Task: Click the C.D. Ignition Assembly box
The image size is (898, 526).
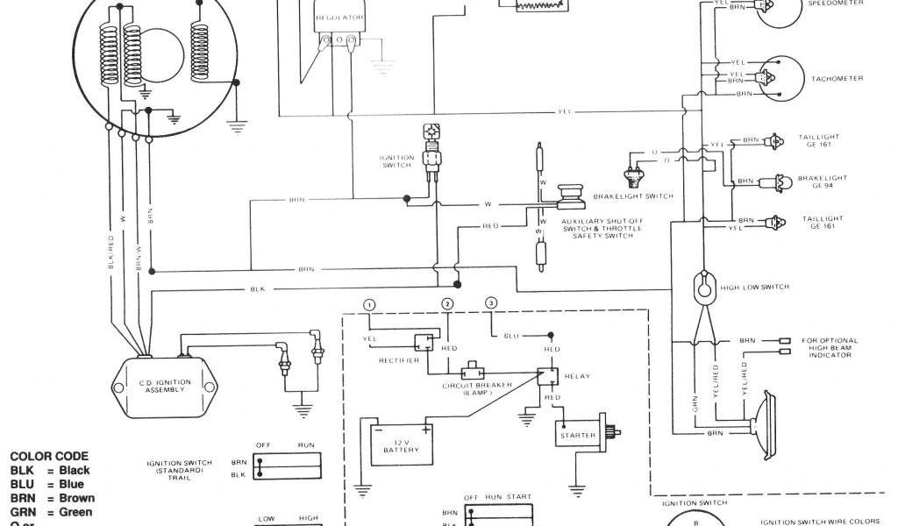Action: click(163, 387)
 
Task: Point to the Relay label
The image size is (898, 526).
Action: click(579, 377)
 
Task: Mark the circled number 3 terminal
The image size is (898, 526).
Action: click(491, 303)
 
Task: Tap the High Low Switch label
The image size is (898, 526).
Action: click(753, 288)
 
